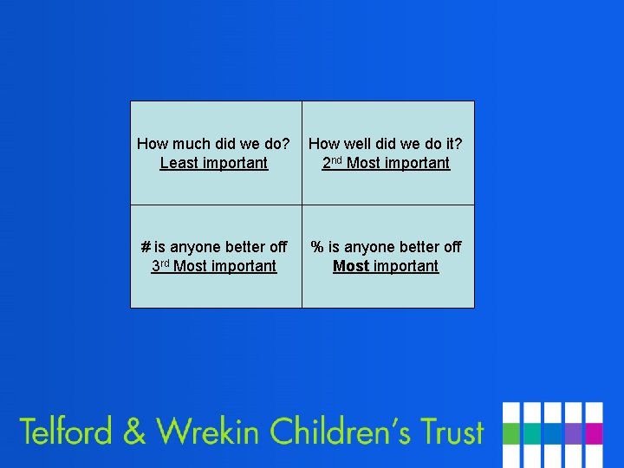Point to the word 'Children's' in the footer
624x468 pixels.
coord(341,431)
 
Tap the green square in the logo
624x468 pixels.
coord(511,433)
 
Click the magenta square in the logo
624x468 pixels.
coord(594,433)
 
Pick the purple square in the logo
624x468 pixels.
coord(573,433)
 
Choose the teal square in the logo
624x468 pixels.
coord(531,433)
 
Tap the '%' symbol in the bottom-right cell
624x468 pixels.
coord(317,247)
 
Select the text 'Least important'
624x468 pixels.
coord(214,163)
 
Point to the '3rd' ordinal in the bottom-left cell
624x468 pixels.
coord(160,265)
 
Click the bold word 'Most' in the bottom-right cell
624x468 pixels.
coord(351,266)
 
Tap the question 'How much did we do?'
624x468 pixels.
coord(214,144)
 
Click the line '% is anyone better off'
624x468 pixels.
coord(386,247)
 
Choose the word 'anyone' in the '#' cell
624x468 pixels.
coord(193,247)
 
